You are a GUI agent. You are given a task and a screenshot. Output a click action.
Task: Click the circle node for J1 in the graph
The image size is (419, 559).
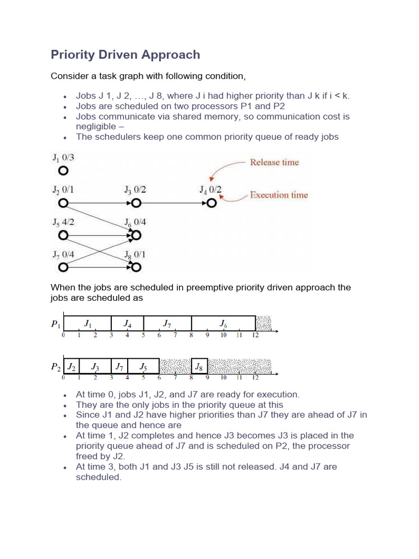[63, 171]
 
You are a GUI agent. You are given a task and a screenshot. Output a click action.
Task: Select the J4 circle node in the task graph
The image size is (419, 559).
[212, 203]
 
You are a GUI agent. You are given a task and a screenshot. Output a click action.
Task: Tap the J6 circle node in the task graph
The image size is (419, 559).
[136, 235]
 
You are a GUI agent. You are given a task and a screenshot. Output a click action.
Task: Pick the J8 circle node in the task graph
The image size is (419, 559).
[136, 267]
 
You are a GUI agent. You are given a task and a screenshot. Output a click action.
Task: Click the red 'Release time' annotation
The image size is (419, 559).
[274, 162]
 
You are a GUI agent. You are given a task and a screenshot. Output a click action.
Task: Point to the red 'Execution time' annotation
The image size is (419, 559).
[279, 195]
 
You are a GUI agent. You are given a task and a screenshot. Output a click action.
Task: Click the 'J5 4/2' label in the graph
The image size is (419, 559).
[64, 222]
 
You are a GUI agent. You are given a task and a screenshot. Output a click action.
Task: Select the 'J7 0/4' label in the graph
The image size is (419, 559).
[64, 254]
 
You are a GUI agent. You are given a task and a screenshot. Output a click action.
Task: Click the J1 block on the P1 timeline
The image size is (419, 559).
[87, 324]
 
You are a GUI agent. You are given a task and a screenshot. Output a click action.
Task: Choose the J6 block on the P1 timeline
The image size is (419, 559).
[223, 324]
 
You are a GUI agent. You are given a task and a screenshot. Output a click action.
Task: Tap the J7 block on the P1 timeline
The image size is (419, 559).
[167, 324]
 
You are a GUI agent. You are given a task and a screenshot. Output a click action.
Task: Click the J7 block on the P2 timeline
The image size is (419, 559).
[119, 366]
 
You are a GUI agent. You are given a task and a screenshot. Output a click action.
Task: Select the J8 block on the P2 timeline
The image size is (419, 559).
[199, 366]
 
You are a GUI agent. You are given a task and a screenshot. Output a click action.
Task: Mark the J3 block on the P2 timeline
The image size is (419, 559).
[95, 366]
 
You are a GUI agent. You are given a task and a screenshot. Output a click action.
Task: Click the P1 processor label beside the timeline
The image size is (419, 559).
[56, 324]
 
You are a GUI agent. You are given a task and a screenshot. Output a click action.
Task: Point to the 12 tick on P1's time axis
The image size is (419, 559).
[255, 335]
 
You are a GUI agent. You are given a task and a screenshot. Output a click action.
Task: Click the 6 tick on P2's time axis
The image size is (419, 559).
[159, 377]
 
